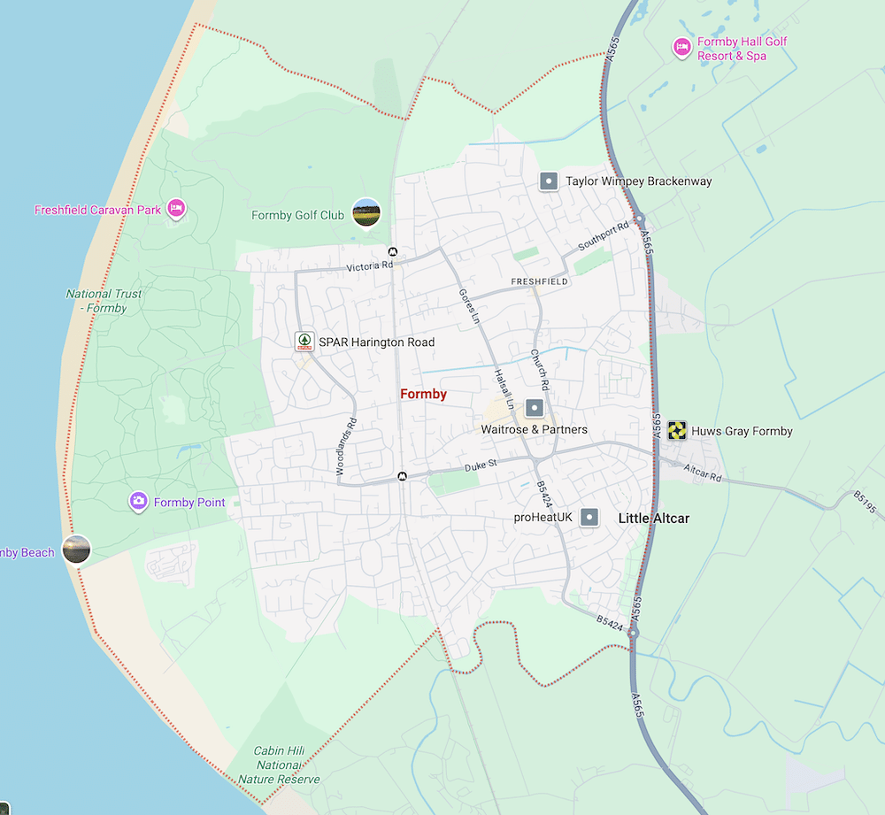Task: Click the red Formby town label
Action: point(423,394)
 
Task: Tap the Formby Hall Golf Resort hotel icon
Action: point(681,47)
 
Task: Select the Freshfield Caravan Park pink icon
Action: point(176,209)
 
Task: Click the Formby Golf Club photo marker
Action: point(366,212)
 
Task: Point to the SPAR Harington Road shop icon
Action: point(304,341)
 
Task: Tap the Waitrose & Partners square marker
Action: point(534,408)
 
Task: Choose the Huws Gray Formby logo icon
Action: point(678,430)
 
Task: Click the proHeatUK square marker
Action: point(589,518)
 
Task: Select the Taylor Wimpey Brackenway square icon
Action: point(549,181)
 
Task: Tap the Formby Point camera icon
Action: point(138,502)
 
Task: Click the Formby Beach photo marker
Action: point(76,550)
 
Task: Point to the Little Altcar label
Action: point(653,518)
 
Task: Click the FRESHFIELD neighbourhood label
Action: point(539,281)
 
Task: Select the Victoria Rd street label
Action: point(369,265)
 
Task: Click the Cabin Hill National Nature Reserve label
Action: point(279,765)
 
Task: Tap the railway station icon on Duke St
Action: point(403,476)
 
